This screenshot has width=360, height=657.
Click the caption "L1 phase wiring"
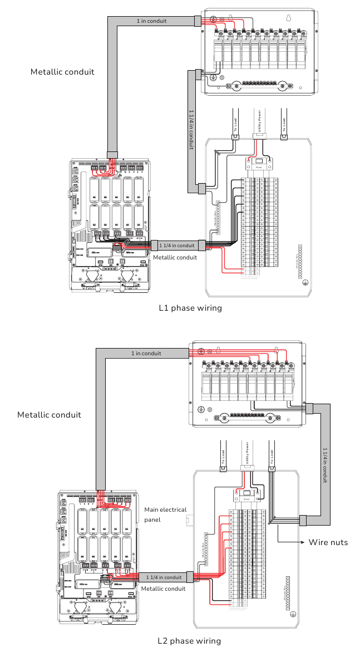(190, 308)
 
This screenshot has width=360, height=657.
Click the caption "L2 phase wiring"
(189, 641)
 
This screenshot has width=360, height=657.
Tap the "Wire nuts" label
(328, 542)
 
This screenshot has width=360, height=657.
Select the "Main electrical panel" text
(165, 514)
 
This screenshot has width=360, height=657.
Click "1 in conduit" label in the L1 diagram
(151, 21)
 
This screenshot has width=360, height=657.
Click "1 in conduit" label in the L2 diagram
(146, 354)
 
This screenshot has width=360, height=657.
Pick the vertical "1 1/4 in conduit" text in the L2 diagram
(325, 464)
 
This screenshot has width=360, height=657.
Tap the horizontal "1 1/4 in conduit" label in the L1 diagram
(177, 246)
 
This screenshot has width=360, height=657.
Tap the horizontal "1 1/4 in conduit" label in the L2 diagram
(164, 577)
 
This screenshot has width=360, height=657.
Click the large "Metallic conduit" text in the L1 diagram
(62, 72)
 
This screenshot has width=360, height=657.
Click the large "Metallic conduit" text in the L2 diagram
(49, 415)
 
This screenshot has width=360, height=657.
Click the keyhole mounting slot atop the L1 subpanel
(288, 18)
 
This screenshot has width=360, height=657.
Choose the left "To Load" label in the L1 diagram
(235, 124)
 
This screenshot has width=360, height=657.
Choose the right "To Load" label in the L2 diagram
(272, 457)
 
